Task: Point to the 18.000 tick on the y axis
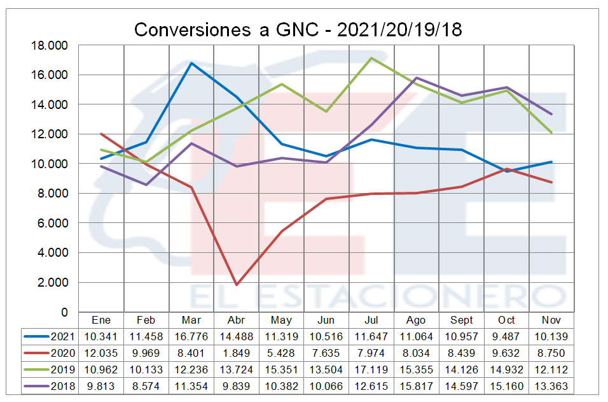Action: [x=52, y=45]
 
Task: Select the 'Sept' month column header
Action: [x=462, y=320]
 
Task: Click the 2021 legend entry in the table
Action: [x=50, y=336]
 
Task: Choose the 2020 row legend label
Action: [x=50, y=353]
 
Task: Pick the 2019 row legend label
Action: [x=50, y=370]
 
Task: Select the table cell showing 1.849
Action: [x=236, y=353]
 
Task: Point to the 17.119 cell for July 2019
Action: [x=371, y=370]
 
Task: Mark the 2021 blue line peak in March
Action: [x=191, y=63]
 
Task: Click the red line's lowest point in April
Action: [x=237, y=285]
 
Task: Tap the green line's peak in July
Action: [x=371, y=58]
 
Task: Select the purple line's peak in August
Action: [x=417, y=78]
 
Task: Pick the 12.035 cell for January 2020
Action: [x=101, y=353]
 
